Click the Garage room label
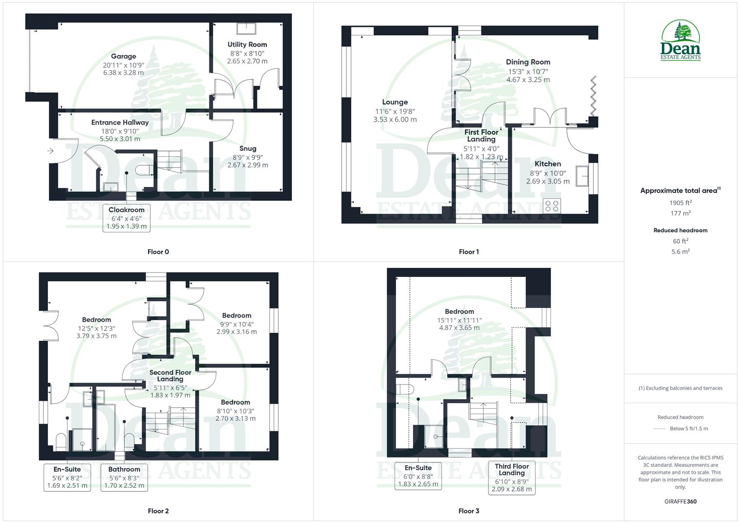[x=123, y=56]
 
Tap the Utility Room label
[x=247, y=45]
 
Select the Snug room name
[x=248, y=149]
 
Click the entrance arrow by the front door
[x=50, y=151]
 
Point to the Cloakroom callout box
[x=126, y=218]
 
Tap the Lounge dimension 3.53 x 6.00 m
[x=395, y=119]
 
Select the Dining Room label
[x=528, y=62]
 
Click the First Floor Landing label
[x=481, y=136]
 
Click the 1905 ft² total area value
[x=680, y=203]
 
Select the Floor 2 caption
[x=158, y=511]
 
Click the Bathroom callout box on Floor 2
[x=124, y=477]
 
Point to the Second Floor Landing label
[x=170, y=376]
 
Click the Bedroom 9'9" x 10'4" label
[x=236, y=316]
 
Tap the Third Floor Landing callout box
[x=512, y=477]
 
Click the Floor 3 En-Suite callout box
[x=418, y=476]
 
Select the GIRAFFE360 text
[x=680, y=502]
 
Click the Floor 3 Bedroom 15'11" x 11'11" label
[x=459, y=312]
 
